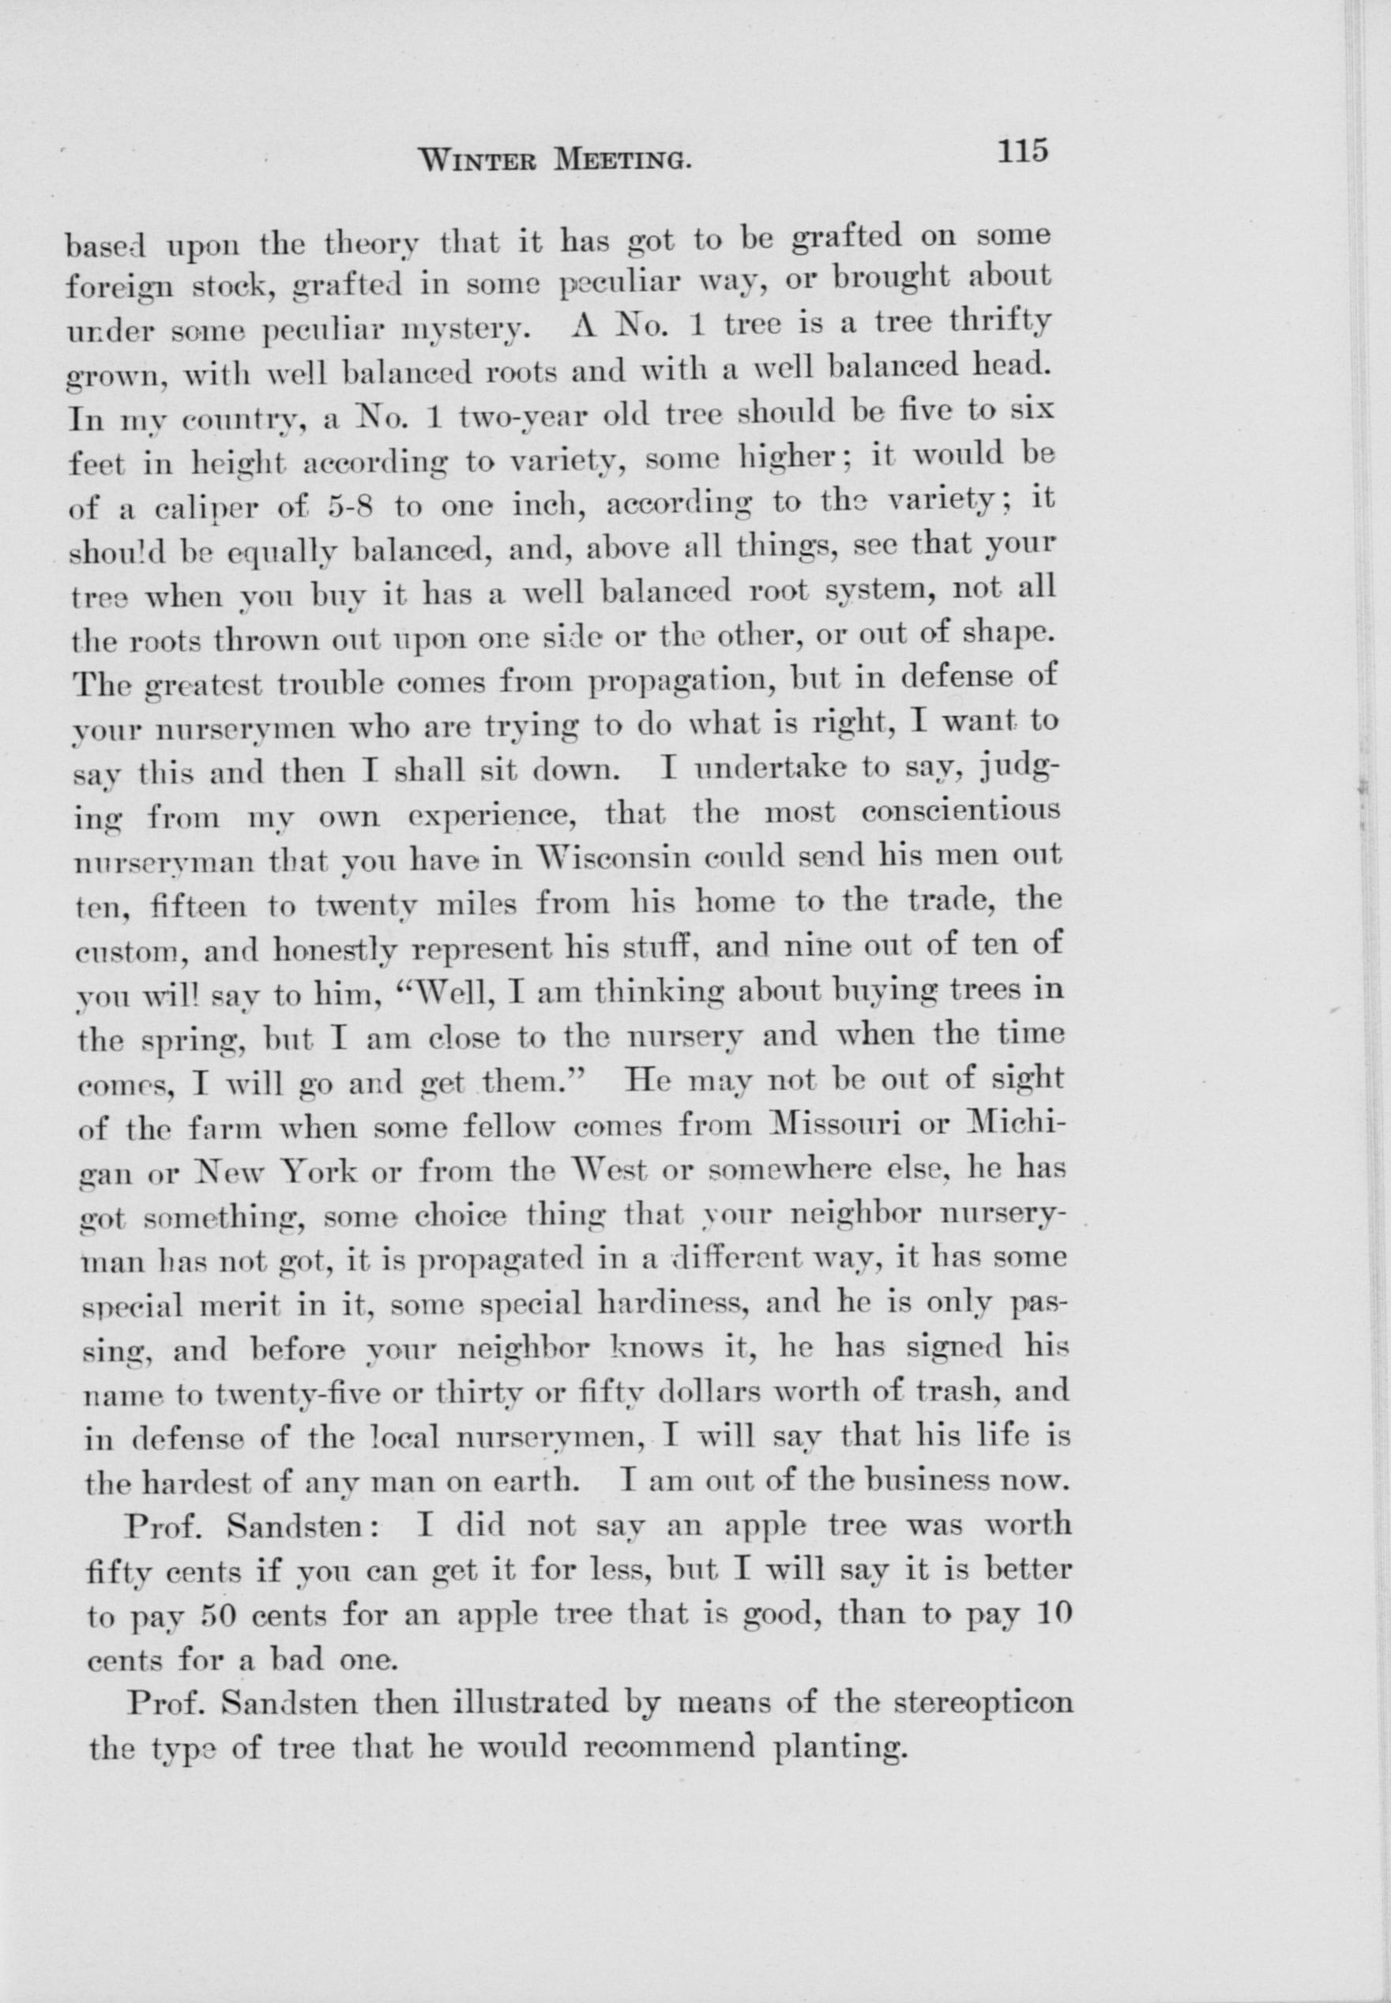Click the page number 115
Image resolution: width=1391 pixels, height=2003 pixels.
[1022, 151]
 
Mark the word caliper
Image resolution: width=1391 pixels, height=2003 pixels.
[201, 506]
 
